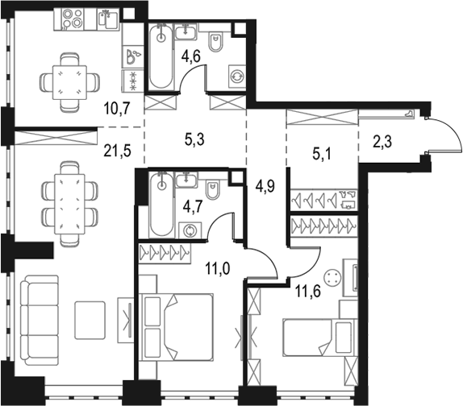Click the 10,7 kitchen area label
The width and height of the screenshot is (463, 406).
pyautogui.click(x=117, y=108)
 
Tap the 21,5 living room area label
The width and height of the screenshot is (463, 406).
pyautogui.click(x=117, y=151)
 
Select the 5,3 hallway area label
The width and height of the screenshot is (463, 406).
pyautogui.click(x=194, y=139)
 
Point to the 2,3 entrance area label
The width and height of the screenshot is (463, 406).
pyautogui.click(x=382, y=142)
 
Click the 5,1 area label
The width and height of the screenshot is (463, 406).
pyautogui.click(x=322, y=155)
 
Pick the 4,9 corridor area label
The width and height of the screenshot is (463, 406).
pyautogui.click(x=265, y=186)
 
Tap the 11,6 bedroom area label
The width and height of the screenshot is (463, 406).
pyautogui.click(x=307, y=292)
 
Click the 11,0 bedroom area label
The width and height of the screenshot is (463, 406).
pyautogui.click(x=218, y=269)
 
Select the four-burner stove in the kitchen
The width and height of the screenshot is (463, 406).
pyautogui.click(x=69, y=19)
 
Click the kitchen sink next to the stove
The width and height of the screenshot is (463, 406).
pyautogui.click(x=108, y=19)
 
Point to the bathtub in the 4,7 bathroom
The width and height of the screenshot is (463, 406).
pyautogui.click(x=161, y=205)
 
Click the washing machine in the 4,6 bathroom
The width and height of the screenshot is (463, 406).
pyautogui.click(x=237, y=76)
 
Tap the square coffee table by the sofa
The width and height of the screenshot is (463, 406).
pyautogui.click(x=90, y=320)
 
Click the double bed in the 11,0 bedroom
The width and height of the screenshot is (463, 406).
pyautogui.click(x=177, y=327)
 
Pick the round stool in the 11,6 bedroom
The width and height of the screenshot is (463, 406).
pyautogui.click(x=332, y=277)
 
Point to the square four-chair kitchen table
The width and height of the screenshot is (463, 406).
pyautogui.click(x=69, y=82)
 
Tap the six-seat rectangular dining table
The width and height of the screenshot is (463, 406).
pyautogui.click(x=69, y=204)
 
